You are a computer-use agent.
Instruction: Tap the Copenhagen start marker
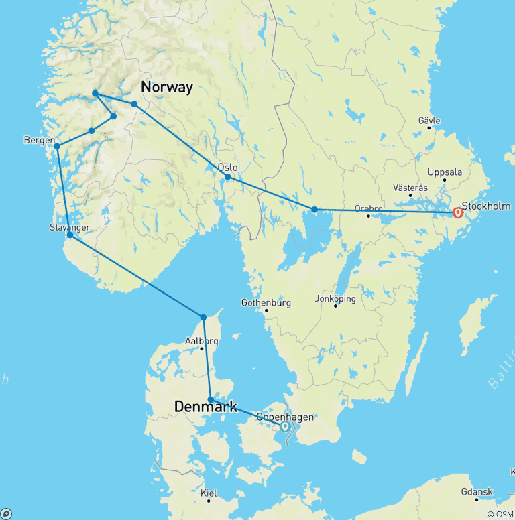coord(284,426)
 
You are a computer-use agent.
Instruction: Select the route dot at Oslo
coord(228,177)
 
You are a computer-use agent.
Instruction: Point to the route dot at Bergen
coord(57,146)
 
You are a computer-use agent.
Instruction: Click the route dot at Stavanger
coord(70,235)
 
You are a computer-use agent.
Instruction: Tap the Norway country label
coord(166,87)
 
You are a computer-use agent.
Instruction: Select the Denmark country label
coord(205,407)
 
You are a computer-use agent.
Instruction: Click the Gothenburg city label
coord(266,303)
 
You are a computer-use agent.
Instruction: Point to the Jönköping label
coord(335,299)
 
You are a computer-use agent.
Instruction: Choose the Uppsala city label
coord(445,172)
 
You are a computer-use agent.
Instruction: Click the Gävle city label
coord(429,121)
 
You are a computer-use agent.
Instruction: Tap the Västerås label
coord(410,188)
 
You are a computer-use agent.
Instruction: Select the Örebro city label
coord(367,208)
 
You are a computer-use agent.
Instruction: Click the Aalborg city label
coord(201,341)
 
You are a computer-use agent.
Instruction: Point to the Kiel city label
coord(209,493)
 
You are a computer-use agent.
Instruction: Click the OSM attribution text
coord(500,514)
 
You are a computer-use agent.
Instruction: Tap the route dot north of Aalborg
coord(203,317)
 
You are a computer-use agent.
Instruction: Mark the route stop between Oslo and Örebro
coord(314,210)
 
